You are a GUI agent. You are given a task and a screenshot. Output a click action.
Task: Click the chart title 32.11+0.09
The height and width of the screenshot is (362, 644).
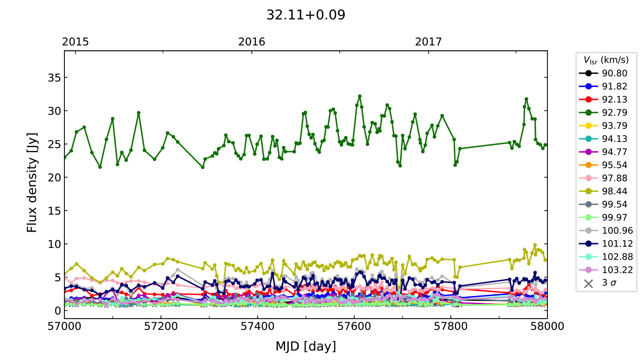coord(306,15)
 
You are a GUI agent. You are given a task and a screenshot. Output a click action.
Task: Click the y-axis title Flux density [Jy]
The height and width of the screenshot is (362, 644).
coord(32,182)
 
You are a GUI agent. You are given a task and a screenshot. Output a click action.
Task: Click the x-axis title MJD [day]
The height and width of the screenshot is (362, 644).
coord(306,346)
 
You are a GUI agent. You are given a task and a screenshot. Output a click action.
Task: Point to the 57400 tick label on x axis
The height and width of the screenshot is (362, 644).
coord(258,326)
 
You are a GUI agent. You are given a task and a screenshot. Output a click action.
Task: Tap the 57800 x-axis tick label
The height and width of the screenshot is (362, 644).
coord(451,326)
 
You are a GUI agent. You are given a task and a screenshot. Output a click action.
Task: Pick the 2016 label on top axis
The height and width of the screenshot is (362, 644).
coord(252,42)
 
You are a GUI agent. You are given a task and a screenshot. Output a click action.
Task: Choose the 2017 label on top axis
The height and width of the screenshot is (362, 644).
coord(428,42)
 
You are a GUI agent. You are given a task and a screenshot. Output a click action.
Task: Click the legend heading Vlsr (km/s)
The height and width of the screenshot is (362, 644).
coord(606,60)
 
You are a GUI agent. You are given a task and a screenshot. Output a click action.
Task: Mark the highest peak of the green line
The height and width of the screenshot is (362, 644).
coord(360,96)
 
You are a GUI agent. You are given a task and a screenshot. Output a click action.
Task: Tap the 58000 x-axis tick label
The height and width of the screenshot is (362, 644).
coord(547,326)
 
